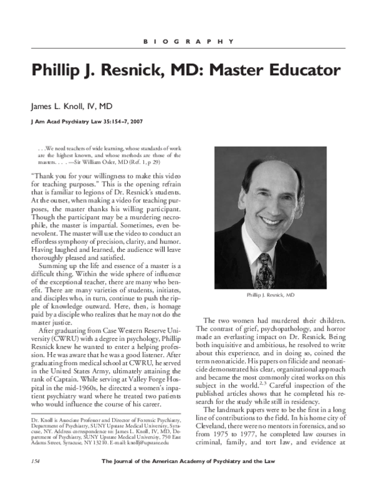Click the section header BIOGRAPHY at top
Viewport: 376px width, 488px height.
click(x=187, y=42)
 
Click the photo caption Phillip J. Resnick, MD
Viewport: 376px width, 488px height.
click(x=271, y=294)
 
